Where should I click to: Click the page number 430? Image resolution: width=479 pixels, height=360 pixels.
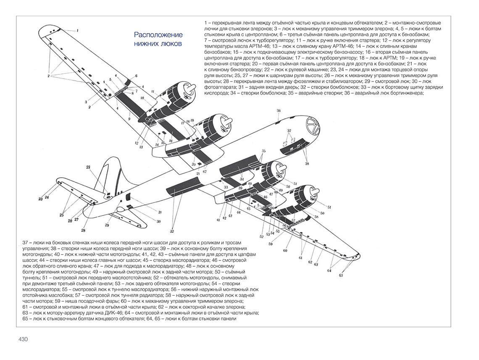pyautogui.click(x=23, y=339)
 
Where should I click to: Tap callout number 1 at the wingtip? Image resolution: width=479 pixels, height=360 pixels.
pyautogui.click(x=77, y=30)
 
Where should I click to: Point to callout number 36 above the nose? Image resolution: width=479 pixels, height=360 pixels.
pyautogui.click(x=278, y=110)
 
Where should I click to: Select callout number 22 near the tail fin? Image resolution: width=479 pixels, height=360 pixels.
pyautogui.click(x=88, y=167)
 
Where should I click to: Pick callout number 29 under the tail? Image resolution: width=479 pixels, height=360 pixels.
pyautogui.click(x=107, y=226)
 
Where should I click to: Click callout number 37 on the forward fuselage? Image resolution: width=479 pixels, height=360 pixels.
pyautogui.click(x=289, y=131)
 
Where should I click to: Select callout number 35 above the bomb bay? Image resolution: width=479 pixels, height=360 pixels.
pyautogui.click(x=263, y=150)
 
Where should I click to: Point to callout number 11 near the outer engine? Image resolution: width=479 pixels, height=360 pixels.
pyautogui.click(x=153, y=91)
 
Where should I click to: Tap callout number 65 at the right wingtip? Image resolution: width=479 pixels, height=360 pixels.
pyautogui.click(x=341, y=275)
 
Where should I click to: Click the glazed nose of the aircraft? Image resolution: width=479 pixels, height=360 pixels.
pyautogui.click(x=311, y=126)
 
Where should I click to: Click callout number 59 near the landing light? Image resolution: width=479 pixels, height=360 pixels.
pyautogui.click(x=271, y=244)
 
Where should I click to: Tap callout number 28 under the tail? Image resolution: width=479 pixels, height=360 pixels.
pyautogui.click(x=83, y=230)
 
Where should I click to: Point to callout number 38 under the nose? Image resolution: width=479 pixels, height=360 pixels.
pyautogui.click(x=306, y=163)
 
